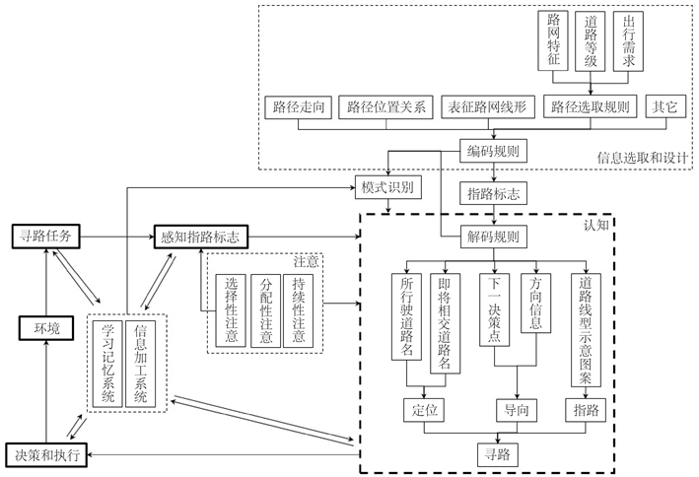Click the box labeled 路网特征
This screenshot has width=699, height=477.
(x=554, y=40)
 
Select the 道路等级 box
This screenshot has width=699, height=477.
(x=592, y=40)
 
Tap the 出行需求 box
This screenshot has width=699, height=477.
(x=628, y=40)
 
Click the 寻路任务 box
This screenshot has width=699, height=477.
(x=45, y=236)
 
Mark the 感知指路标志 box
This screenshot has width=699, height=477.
(x=201, y=237)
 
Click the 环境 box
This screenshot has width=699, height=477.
(x=46, y=328)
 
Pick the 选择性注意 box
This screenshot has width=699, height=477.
(x=231, y=309)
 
